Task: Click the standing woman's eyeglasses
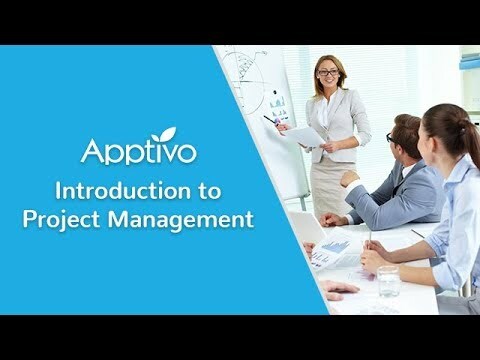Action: click(x=327, y=73)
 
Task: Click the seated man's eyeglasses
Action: click(x=389, y=137)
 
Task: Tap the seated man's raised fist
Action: click(x=349, y=180)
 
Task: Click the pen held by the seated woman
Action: click(x=368, y=240)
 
